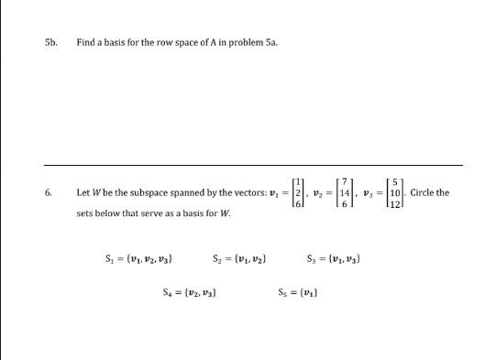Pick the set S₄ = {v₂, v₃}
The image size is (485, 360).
tap(189, 293)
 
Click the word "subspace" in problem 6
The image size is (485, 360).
tap(152, 193)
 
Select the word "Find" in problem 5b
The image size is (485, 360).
tap(84, 42)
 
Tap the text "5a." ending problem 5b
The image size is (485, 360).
tap(246, 42)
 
